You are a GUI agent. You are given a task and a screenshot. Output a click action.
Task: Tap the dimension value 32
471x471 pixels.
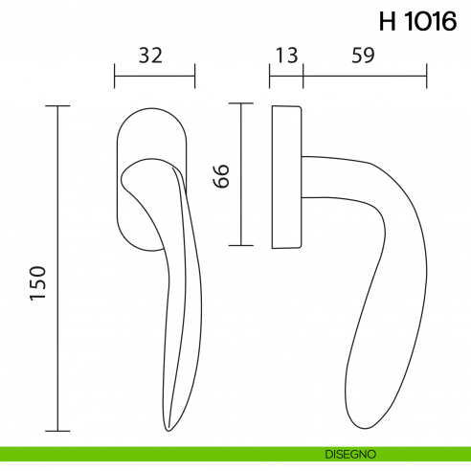pos(150,56)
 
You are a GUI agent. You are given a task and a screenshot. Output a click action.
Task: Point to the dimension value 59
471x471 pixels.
pos(362,56)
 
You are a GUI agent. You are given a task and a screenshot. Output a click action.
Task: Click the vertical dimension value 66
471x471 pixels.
pos(221,174)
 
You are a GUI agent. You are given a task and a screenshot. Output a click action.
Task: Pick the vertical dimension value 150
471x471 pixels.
pos(39,283)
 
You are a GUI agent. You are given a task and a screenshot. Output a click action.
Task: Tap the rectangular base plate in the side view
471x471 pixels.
pos(288,177)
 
